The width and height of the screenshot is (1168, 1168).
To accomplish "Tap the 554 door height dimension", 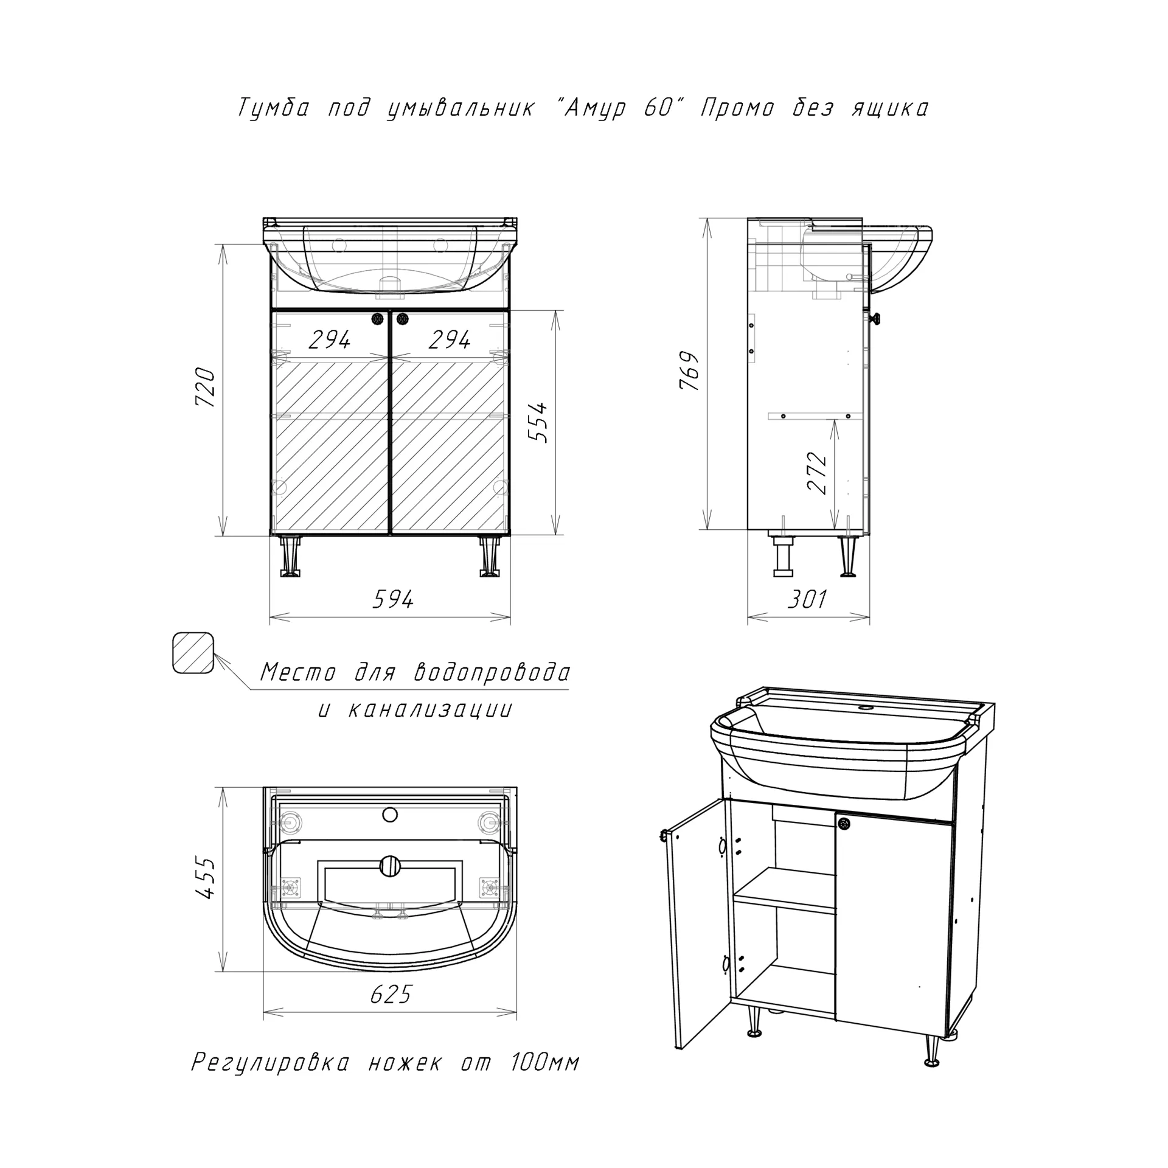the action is [x=538, y=422].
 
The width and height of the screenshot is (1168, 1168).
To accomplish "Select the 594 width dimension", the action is [x=393, y=600].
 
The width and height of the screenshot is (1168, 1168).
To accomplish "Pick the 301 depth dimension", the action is [x=808, y=599].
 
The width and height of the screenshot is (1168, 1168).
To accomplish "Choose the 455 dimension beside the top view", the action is [x=205, y=878].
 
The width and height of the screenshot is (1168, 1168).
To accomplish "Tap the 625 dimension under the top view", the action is [x=390, y=994].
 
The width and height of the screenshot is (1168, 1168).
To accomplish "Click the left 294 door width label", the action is [x=330, y=339].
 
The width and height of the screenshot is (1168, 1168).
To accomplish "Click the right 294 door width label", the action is [x=450, y=339].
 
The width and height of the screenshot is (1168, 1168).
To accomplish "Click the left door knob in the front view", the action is [x=378, y=318].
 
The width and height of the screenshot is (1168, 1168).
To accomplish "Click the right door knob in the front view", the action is [x=401, y=318].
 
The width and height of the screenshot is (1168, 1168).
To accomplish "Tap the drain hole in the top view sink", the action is [x=389, y=865].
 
